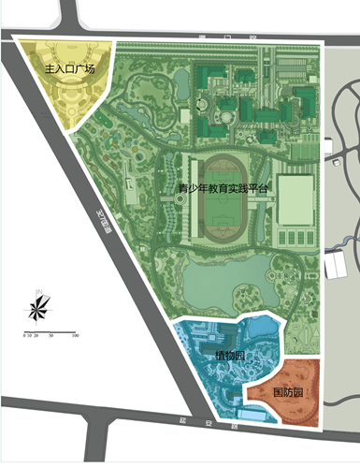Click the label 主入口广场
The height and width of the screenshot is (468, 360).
pos(61,68)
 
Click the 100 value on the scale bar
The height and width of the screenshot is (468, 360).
pos(74,333)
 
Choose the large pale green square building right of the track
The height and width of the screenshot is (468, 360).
pos(295,199)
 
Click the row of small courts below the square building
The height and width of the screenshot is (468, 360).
pos(295,241)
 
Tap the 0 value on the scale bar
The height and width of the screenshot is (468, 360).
pos(26,333)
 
